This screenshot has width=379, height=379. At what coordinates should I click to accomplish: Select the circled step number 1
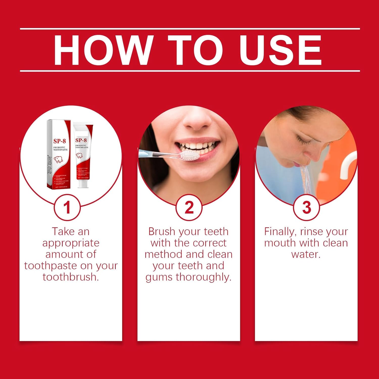67,208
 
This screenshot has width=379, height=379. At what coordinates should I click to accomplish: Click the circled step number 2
189,208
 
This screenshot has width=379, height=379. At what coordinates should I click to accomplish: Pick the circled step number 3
306,208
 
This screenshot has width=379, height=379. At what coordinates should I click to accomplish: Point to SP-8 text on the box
59,141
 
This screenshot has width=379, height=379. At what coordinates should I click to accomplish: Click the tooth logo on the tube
79,155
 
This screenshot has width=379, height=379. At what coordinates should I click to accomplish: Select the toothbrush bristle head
188,155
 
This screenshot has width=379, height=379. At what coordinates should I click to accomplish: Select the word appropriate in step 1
71,243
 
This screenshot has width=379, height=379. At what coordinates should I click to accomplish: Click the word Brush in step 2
162,231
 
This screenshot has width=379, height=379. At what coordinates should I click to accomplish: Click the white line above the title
189,29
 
